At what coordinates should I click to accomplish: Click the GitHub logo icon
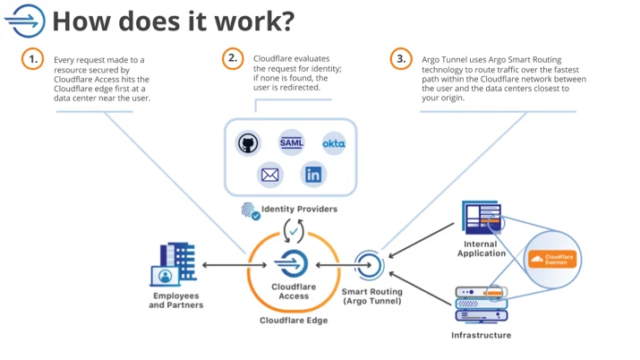[248, 143]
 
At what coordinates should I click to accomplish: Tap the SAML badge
[292, 142]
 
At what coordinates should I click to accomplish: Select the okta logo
[334, 143]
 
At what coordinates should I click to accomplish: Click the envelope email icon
[269, 176]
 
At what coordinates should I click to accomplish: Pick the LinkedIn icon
[313, 175]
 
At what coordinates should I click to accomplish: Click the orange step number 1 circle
[32, 59]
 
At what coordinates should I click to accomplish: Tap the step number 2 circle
[233, 58]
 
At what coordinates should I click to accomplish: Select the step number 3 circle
[401, 59]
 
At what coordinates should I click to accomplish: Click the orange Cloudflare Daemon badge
[552, 259]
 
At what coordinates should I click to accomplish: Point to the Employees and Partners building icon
[175, 264]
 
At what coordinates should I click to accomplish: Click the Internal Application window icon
[482, 217]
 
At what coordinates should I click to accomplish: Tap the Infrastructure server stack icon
[482, 304]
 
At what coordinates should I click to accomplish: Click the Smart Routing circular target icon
[370, 265]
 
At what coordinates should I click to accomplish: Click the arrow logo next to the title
[25, 21]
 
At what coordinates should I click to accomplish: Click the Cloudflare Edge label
[294, 321]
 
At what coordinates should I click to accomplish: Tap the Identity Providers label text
[299, 209]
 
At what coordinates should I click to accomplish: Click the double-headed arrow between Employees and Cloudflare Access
[235, 265]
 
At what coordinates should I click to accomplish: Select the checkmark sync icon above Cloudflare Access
[294, 231]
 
